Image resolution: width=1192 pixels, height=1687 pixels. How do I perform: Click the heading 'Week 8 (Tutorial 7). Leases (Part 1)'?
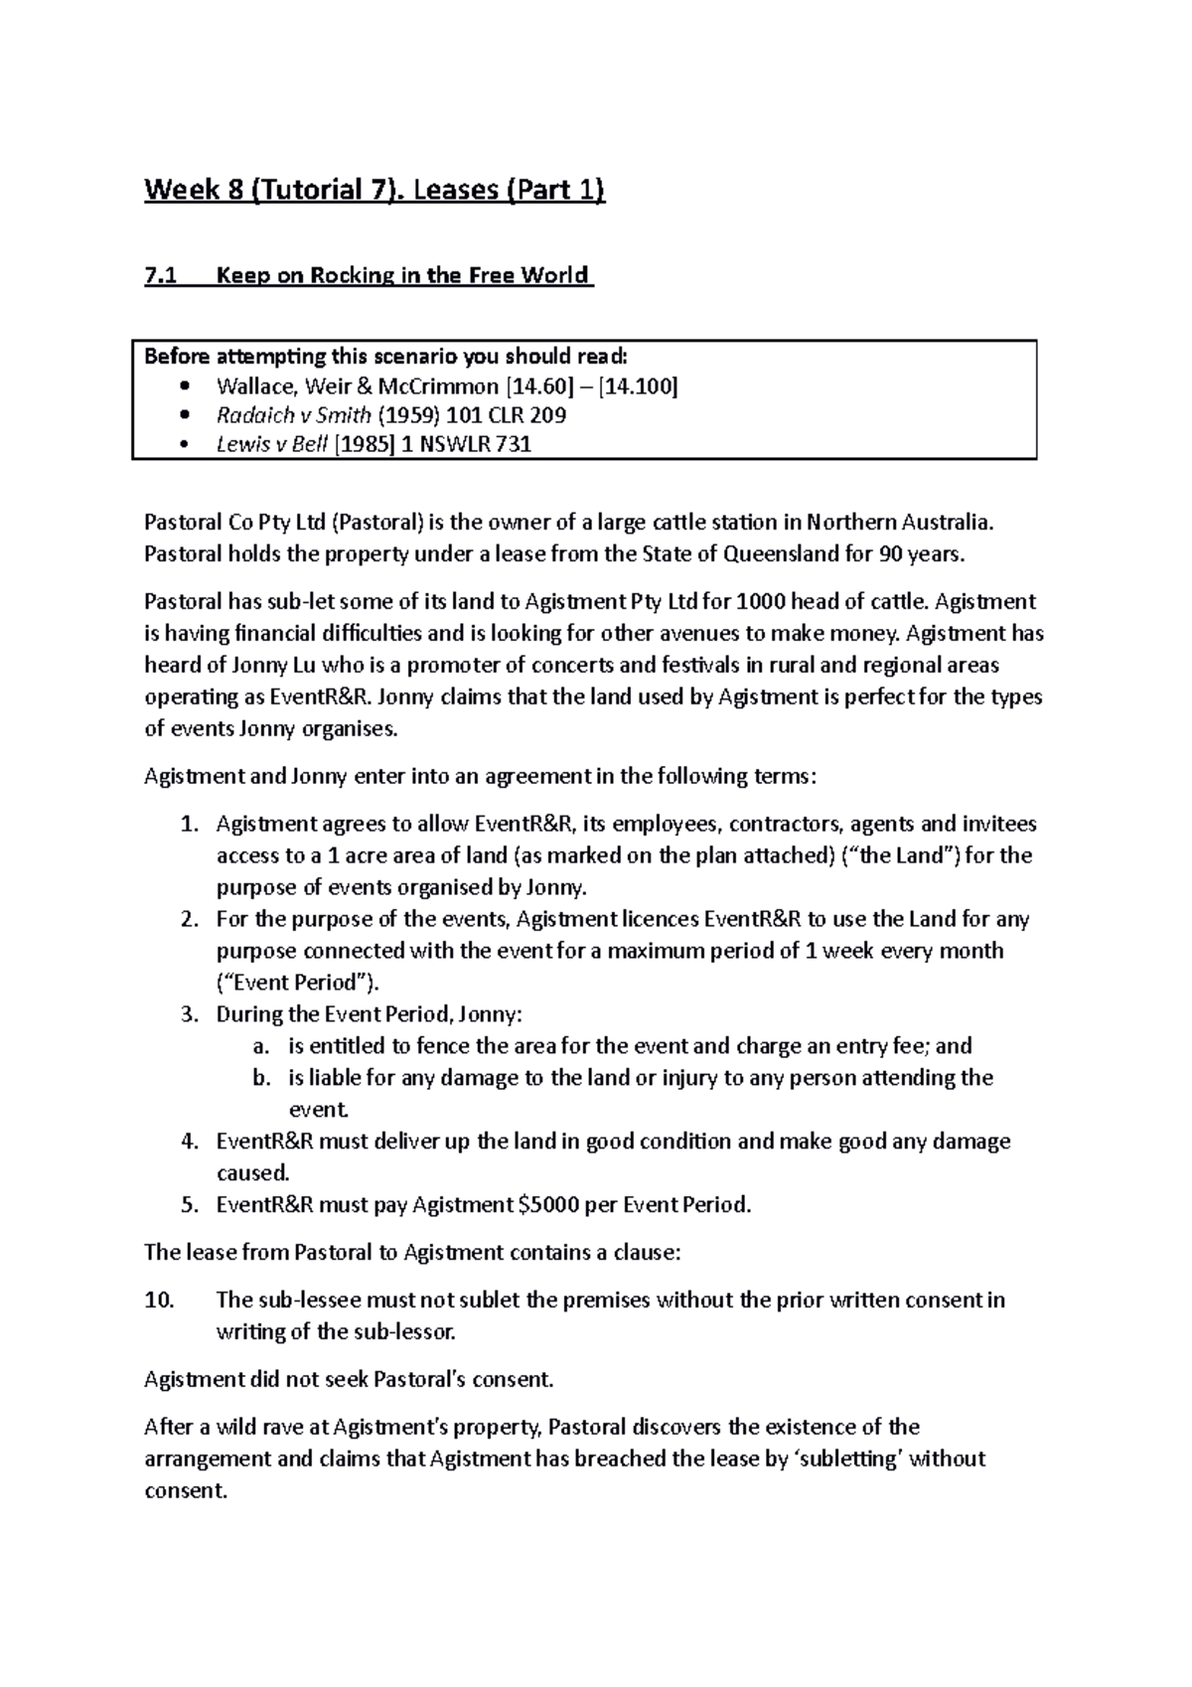[x=374, y=190]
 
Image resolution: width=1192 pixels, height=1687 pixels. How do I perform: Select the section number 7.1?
[x=160, y=275]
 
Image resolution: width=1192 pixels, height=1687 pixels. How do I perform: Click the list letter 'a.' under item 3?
[x=261, y=1046]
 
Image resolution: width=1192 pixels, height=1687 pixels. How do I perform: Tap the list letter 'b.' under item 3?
[x=261, y=1078]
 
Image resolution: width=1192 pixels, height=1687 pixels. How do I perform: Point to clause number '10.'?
[x=159, y=1301]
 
